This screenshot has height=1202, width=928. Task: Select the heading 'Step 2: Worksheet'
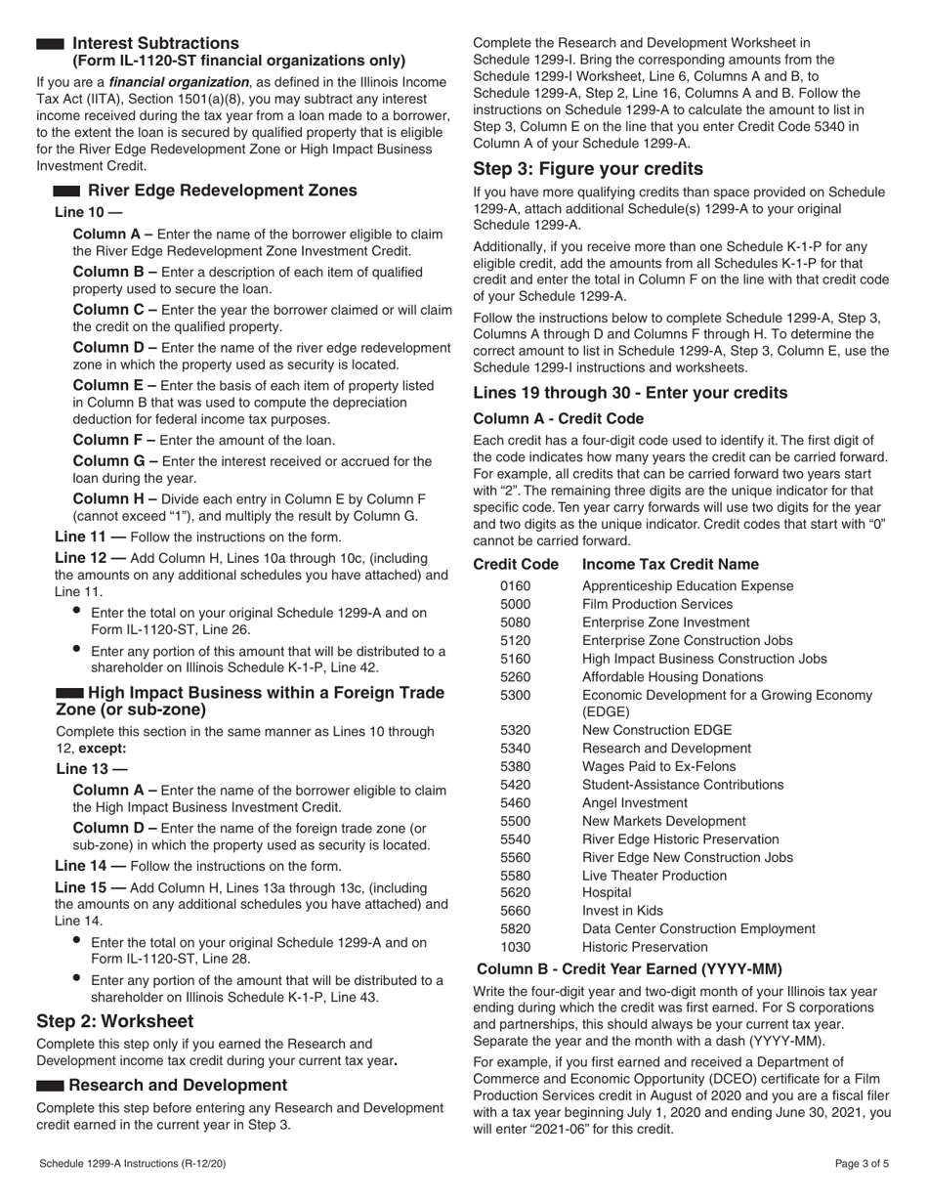[x=114, y=1021]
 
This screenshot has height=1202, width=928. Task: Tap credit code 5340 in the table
[x=514, y=748]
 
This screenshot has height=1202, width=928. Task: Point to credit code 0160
[x=514, y=586]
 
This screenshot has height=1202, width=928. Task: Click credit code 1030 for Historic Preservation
[x=514, y=947]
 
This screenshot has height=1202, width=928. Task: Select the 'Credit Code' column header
[x=516, y=565]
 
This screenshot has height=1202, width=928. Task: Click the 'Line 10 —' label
[x=89, y=212]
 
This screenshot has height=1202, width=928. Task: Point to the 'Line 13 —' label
[x=89, y=769]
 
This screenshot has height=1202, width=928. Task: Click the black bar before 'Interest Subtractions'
[x=50, y=44]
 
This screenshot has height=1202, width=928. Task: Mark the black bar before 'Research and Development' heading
[x=50, y=1086]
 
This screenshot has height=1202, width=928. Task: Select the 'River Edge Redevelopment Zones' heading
[x=222, y=191]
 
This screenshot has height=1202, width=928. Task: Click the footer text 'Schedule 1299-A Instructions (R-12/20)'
[x=136, y=1164]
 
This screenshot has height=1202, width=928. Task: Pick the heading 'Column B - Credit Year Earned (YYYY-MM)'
[x=629, y=969]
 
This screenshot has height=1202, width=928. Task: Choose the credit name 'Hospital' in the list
[x=607, y=892]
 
